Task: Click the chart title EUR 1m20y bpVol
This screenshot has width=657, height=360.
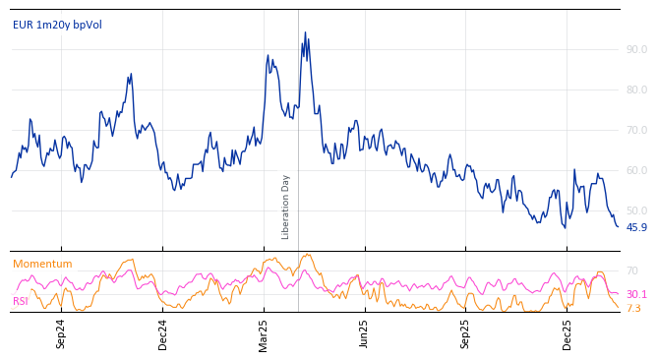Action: (x=57, y=26)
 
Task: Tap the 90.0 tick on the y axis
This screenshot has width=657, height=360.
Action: (x=636, y=49)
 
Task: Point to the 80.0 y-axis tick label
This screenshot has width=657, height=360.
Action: (x=636, y=90)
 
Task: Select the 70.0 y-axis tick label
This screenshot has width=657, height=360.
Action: (x=636, y=130)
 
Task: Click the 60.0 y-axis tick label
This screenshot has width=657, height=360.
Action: (x=636, y=170)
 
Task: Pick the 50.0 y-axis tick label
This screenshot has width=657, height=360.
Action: (x=636, y=210)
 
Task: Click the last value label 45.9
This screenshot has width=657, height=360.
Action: (x=636, y=227)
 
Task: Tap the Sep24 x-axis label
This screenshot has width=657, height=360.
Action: (x=61, y=333)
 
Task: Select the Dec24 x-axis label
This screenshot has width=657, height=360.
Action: (x=163, y=333)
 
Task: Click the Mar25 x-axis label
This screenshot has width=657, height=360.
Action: (x=264, y=333)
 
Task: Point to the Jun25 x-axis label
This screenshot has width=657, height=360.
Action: (x=364, y=333)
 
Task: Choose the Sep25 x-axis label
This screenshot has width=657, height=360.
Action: (x=466, y=333)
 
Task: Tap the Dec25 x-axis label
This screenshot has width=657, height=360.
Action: (x=567, y=333)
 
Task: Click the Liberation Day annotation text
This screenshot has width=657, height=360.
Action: (x=286, y=207)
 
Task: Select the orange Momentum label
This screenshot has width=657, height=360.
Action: (x=42, y=264)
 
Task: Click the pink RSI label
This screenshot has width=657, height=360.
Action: (x=21, y=301)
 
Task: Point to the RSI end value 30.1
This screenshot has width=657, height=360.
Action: (x=636, y=294)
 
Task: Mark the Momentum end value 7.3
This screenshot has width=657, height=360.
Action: (x=633, y=308)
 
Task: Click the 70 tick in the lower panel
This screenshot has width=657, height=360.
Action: (x=632, y=270)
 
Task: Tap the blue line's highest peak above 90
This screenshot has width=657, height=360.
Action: (x=305, y=32)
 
